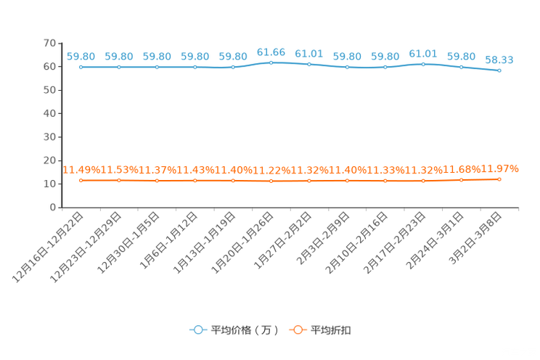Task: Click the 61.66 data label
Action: click(x=271, y=52)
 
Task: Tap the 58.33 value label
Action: click(x=499, y=60)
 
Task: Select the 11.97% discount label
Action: click(x=499, y=169)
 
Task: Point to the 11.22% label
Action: click(x=271, y=171)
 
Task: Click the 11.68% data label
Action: click(x=462, y=170)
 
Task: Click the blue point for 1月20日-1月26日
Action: click(x=271, y=62)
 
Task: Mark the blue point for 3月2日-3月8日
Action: click(x=499, y=70)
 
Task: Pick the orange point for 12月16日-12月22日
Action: click(x=81, y=181)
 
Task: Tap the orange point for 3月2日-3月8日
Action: click(x=499, y=179)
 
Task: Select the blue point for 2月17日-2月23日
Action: click(x=423, y=65)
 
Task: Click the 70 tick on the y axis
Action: click(x=49, y=43)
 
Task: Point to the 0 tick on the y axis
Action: click(x=53, y=208)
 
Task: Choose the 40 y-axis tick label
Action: click(x=49, y=113)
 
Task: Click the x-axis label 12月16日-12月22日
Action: click(x=48, y=247)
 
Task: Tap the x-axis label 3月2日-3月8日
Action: click(x=475, y=238)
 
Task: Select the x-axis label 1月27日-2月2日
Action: click(x=283, y=240)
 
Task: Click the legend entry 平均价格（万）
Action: click(x=234, y=330)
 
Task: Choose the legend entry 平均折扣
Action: click(x=320, y=330)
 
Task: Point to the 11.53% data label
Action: click(x=120, y=170)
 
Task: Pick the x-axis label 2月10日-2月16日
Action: click(x=357, y=242)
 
